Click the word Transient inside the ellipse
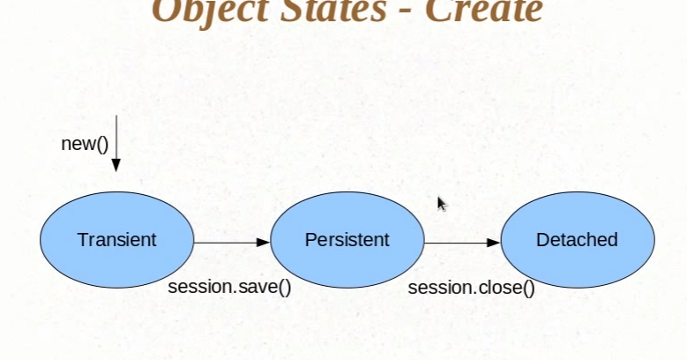click(x=116, y=240)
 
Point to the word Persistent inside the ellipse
click(x=347, y=240)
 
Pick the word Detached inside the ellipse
click(x=577, y=240)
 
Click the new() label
click(x=85, y=144)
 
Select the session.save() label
click(x=229, y=288)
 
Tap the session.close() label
click(x=471, y=288)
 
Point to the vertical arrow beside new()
click(x=116, y=141)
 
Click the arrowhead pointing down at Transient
click(x=116, y=164)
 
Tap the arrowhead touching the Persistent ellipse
click(x=263, y=242)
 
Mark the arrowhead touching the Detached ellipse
click(x=494, y=242)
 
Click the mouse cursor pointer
click(x=442, y=204)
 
